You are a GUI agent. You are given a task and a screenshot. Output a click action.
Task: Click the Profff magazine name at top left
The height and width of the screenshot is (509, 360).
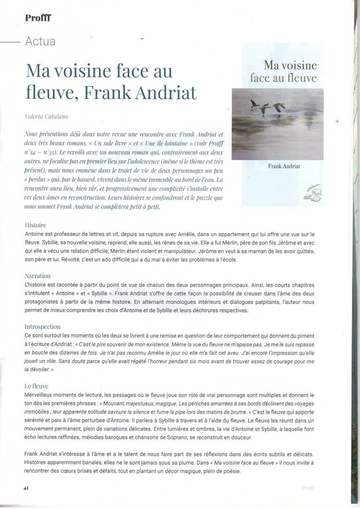38,18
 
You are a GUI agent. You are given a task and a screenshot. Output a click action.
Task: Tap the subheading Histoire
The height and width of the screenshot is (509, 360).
35,225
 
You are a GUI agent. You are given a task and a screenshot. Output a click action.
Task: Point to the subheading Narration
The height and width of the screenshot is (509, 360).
38,275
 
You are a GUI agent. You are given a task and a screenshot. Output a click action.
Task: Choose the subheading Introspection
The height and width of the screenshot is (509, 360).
42,327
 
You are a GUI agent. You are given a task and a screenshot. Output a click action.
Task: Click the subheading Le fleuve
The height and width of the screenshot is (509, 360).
36,385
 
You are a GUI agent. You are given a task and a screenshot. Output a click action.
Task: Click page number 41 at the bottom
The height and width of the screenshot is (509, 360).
26,488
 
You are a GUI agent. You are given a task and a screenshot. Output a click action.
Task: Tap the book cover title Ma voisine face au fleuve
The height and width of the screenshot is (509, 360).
284,71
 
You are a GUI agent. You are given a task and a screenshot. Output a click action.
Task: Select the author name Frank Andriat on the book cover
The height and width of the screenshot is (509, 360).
284,166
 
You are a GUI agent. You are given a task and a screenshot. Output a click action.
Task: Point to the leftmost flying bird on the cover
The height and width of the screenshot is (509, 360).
254,103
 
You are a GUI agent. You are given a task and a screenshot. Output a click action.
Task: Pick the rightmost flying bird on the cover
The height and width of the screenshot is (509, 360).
280,107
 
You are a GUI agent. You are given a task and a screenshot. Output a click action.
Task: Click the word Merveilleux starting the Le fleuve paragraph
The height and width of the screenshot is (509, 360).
41,394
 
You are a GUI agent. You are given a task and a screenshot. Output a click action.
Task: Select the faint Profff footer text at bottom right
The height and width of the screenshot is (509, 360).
308,488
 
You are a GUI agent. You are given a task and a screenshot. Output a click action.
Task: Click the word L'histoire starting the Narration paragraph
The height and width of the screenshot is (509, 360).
38,285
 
